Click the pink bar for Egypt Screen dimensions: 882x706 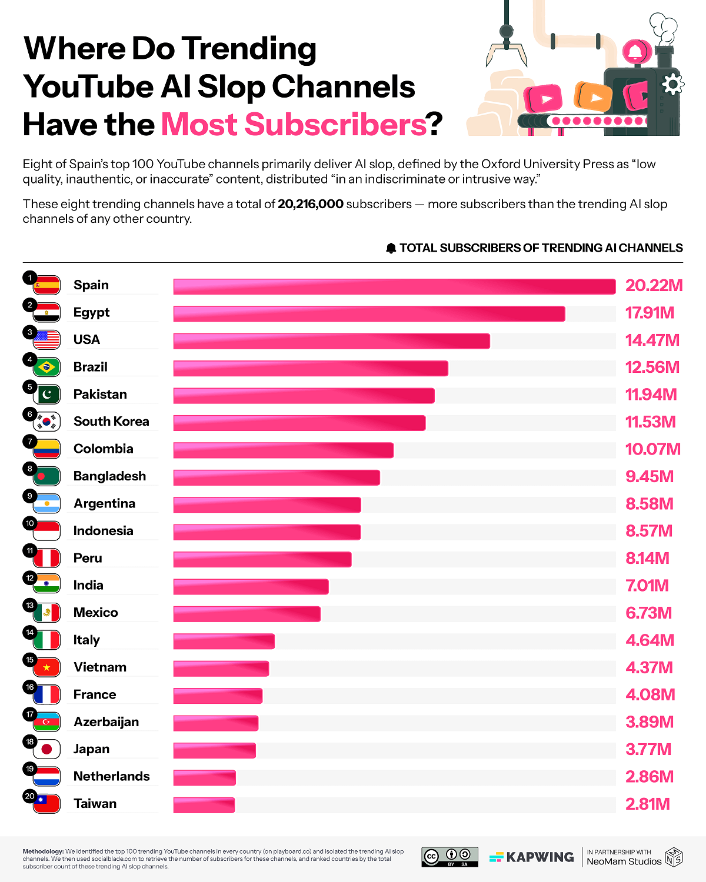[369, 314]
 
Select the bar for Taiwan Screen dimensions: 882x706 [204, 805]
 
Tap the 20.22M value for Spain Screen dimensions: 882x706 [654, 286]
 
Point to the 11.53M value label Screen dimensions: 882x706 [650, 422]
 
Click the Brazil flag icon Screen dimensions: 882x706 [46, 367]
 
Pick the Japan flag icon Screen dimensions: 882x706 [46, 750]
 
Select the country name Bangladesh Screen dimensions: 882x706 [109, 476]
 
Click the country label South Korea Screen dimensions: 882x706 [111, 422]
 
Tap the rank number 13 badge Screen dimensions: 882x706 [30, 605]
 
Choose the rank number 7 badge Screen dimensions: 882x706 [30, 442]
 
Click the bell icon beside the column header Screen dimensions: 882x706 [391, 248]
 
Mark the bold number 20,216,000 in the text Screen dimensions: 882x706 [311, 204]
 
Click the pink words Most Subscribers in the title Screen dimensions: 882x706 [294, 125]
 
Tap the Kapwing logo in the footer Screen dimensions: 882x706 [531, 857]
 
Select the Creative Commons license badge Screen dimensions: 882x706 [449, 857]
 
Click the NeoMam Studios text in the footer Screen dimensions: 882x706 [624, 861]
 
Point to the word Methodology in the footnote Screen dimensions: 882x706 [43, 851]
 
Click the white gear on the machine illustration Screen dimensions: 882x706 [672, 84]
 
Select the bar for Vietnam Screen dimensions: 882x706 [221, 669]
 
